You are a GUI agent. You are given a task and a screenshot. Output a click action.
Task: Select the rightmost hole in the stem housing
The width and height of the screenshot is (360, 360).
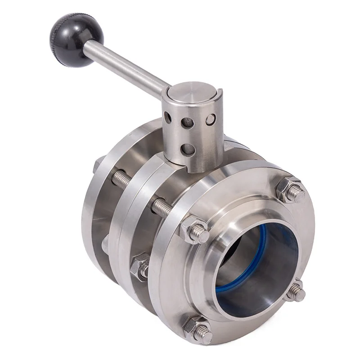pos(210,120)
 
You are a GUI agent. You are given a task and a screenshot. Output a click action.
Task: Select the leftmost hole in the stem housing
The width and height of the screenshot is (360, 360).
pos(167,118)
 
